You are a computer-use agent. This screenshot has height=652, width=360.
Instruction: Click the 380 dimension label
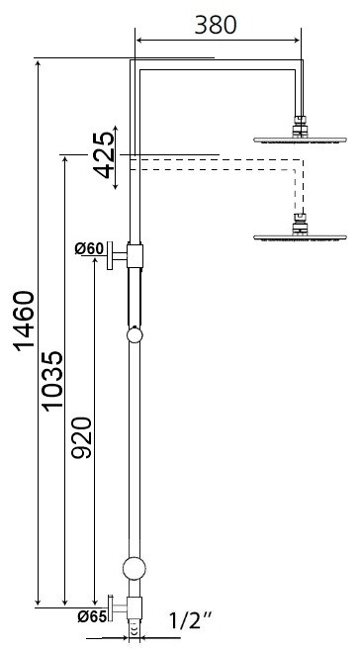click(x=216, y=26)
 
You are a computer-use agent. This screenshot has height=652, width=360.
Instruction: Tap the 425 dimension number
click(x=103, y=155)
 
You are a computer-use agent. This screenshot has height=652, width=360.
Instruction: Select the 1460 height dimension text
click(x=25, y=322)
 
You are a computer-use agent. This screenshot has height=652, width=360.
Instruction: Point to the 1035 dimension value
click(x=52, y=381)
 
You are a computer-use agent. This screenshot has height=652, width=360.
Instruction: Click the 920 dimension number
click(x=81, y=438)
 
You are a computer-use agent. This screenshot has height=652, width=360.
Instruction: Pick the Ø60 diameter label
click(x=89, y=248)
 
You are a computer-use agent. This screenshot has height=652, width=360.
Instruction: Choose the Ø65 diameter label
click(x=92, y=617)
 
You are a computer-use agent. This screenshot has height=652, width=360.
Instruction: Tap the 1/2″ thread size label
click(x=191, y=621)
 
